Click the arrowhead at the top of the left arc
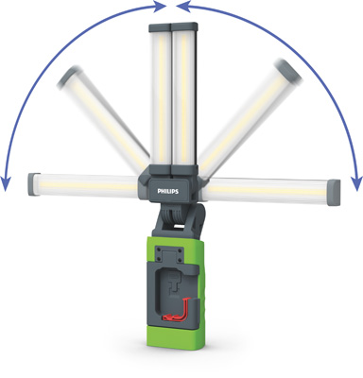(156, 7)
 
